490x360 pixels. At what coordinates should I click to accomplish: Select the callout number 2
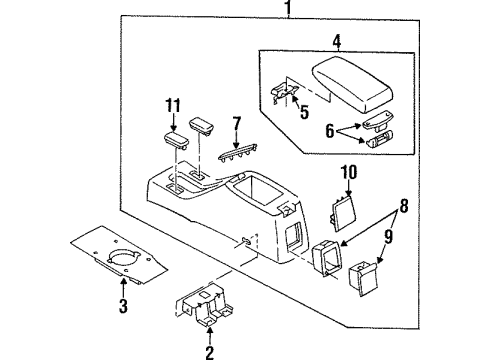click(210, 353)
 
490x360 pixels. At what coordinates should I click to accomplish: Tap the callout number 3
click(123, 306)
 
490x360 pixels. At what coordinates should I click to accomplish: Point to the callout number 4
click(337, 42)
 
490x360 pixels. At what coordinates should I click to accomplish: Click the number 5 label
click(304, 112)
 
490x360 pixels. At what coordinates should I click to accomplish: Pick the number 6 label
click(329, 131)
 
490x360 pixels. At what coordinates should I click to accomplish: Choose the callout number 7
click(237, 123)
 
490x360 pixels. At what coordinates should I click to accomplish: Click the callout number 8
click(404, 206)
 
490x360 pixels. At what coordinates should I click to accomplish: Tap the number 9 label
click(389, 236)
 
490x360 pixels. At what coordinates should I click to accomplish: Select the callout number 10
click(349, 172)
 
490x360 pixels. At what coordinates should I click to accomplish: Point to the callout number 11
click(173, 106)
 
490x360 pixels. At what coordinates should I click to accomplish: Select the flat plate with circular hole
click(119, 255)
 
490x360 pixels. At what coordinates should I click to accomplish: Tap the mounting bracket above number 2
click(207, 305)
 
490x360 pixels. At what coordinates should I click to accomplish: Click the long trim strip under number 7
click(237, 154)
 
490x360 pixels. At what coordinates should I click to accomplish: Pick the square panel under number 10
click(343, 213)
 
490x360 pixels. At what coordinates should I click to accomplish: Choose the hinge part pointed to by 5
click(283, 93)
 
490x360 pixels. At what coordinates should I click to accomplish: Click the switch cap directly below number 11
click(176, 141)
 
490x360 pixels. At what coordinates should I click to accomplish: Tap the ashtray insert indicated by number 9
click(363, 278)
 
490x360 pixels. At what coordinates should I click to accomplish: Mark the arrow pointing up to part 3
click(123, 288)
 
